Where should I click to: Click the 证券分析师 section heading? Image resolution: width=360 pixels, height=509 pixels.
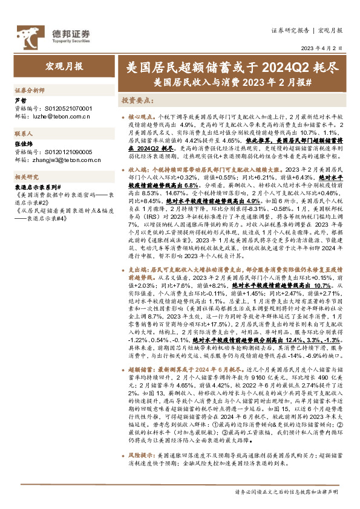[x=30, y=89]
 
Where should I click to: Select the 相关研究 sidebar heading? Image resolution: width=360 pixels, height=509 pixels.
[x=26, y=177]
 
